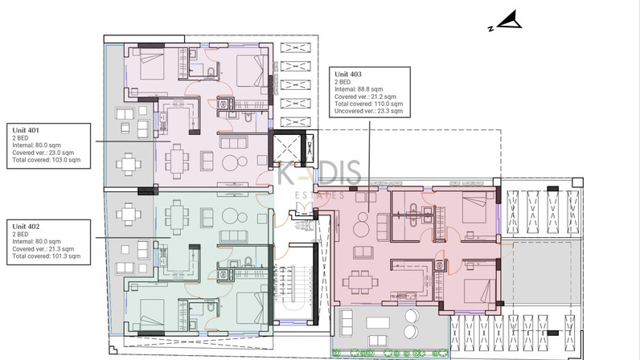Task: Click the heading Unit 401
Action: click(x=26, y=130)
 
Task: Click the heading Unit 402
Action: click(x=26, y=227)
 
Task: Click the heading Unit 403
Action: click(x=348, y=74)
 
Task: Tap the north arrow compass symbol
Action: click(x=506, y=21)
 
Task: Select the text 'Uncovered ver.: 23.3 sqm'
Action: click(x=368, y=111)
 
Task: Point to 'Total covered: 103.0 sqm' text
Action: click(x=46, y=160)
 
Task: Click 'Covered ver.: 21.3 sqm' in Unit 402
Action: click(x=43, y=248)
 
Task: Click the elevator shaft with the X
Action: click(x=287, y=149)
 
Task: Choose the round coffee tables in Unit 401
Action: click(x=235, y=162)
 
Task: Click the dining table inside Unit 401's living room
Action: click(x=177, y=162)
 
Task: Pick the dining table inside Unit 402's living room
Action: click(x=177, y=217)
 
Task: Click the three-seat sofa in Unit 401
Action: click(x=233, y=141)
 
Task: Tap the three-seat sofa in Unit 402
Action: click(x=233, y=236)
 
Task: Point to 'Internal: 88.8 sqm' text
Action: click(x=359, y=89)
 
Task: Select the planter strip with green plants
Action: click(x=390, y=353)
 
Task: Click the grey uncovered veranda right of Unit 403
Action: click(x=541, y=272)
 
